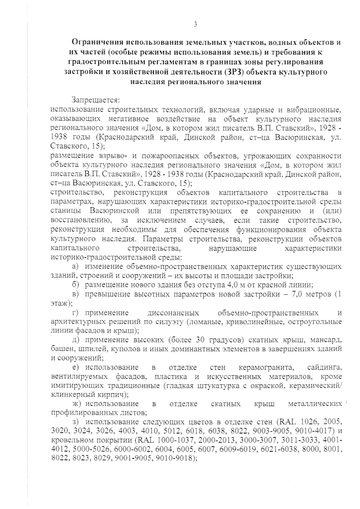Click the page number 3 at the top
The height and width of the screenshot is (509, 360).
195,25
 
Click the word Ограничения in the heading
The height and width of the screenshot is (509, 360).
97,42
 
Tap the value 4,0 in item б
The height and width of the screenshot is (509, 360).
224,284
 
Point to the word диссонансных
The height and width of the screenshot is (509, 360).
173,313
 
